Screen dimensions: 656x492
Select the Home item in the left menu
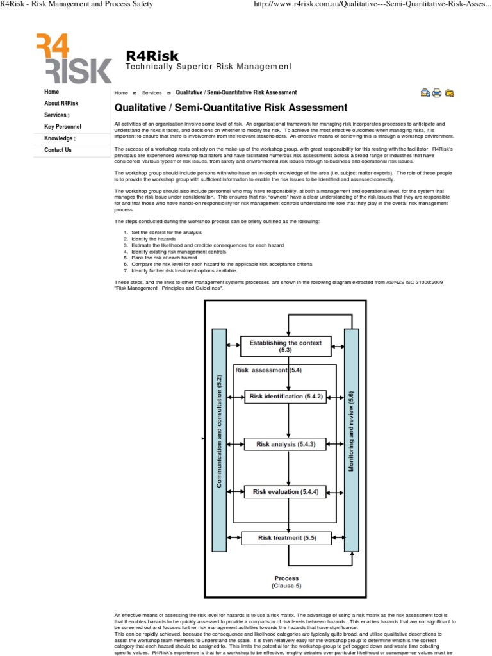51,92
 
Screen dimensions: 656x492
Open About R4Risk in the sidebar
61,104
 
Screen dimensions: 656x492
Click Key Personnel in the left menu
62,127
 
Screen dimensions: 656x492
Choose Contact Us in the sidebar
58,151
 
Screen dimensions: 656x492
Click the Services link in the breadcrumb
152,93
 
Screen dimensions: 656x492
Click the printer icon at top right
437,93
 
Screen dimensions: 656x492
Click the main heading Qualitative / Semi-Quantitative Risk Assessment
231,108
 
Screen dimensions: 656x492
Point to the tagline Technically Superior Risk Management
208,67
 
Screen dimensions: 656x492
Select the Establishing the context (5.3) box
285,347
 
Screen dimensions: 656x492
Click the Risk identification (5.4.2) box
285,397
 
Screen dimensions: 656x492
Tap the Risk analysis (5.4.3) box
285,444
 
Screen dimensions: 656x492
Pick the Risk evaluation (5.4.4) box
285,492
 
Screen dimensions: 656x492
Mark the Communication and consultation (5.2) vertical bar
219,440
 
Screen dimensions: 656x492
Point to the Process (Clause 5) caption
286,582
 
